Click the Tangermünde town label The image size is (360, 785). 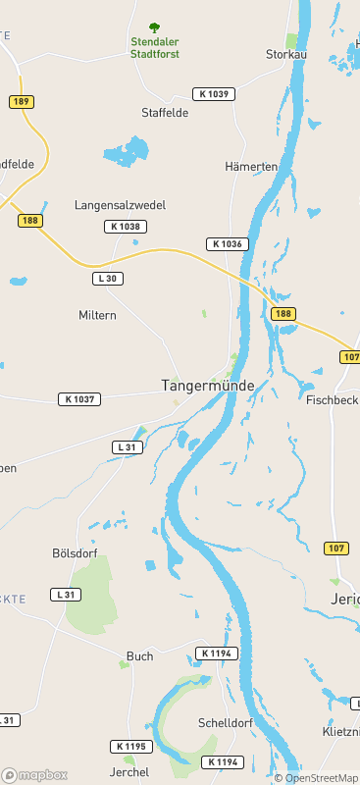point(200,387)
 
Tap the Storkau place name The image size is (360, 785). point(286,55)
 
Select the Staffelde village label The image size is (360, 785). point(165,113)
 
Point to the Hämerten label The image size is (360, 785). point(251,167)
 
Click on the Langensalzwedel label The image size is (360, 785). point(121,205)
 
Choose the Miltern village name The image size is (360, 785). point(97,315)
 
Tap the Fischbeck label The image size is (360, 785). point(332,400)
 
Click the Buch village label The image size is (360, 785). point(140,656)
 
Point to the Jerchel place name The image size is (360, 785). point(129,772)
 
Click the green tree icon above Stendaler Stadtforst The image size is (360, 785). point(154,27)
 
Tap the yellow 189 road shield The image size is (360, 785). point(21,102)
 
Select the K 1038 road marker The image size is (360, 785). point(126,227)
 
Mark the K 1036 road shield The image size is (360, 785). point(227,243)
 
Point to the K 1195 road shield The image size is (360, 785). point(131,747)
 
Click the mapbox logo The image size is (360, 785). point(34,775)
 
